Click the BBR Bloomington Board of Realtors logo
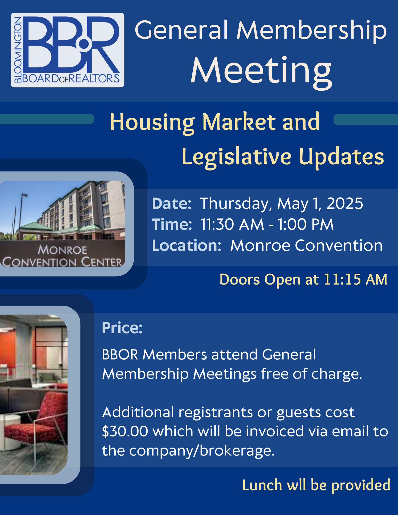pyautogui.click(x=67, y=50)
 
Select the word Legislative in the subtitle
pyautogui.click(x=236, y=157)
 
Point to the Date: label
pyautogui.click(x=172, y=203)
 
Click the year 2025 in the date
pyautogui.click(x=345, y=203)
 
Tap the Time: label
pyautogui.click(x=172, y=224)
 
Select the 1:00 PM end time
pyautogui.click(x=306, y=224)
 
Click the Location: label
pyautogui.click(x=187, y=245)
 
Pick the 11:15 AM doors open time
pyautogui.click(x=355, y=279)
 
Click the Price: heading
pyautogui.click(x=122, y=328)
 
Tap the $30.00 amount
pyautogui.click(x=125, y=431)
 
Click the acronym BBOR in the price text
pyautogui.click(x=120, y=355)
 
